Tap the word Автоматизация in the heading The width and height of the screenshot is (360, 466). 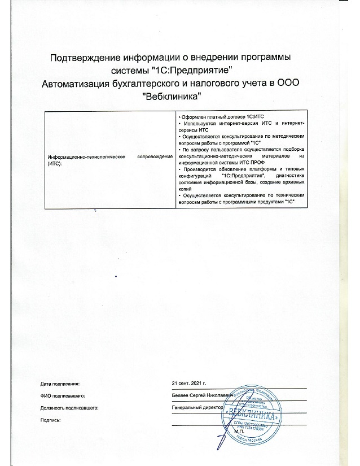click(x=80, y=84)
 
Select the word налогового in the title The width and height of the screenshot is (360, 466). click(x=218, y=84)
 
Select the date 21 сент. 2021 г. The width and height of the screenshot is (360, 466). click(x=191, y=384)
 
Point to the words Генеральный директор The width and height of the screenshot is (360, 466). click(x=197, y=407)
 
